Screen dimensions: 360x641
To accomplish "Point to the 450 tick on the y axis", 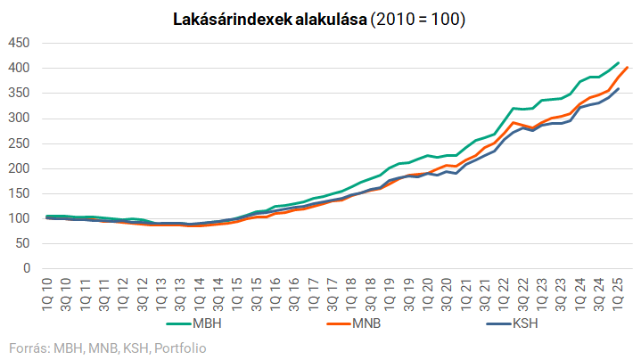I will pyautogui.click(x=19, y=43).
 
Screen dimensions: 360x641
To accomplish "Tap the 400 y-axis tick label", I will pyautogui.click(x=19, y=68).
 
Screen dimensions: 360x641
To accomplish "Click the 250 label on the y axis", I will pyautogui.click(x=19, y=143).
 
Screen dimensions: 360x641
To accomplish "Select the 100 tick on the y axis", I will pyautogui.click(x=19, y=218).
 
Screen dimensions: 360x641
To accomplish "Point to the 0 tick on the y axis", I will pyautogui.click(x=27, y=268).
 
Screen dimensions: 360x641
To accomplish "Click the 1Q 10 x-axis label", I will pyautogui.click(x=45, y=290).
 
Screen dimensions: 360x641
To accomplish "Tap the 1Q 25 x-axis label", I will pyautogui.click(x=616, y=290).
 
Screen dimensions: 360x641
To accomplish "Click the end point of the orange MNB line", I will pyautogui.click(x=628, y=67).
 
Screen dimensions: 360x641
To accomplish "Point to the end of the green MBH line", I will pyautogui.click(x=618, y=62).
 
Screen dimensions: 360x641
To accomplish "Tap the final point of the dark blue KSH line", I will pyautogui.click(x=618, y=88).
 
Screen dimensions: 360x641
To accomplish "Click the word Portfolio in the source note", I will pyautogui.click(x=179, y=347).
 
